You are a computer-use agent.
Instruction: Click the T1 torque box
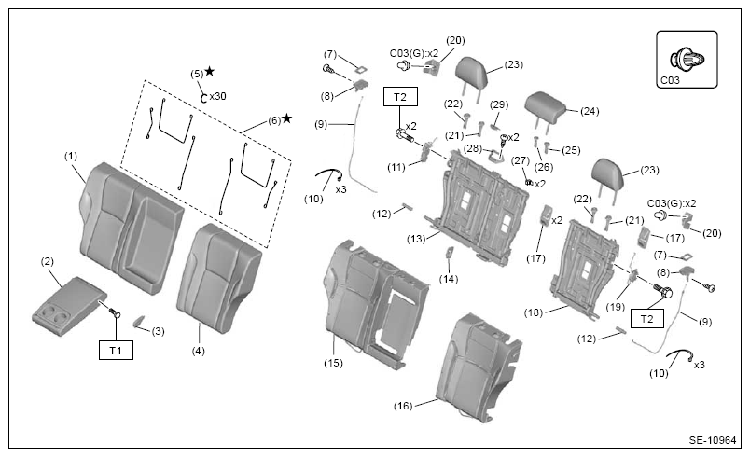116,351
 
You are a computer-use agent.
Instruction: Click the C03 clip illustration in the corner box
687,60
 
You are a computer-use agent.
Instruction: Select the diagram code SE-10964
712,440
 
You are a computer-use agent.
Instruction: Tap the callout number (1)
71,157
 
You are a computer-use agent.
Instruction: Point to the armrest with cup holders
69,306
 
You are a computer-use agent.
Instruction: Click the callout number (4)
198,351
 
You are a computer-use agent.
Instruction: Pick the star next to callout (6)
286,118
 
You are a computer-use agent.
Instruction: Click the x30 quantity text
217,96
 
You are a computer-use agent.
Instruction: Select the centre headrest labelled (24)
546,106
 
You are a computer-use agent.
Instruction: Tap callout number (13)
416,239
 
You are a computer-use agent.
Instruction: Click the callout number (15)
333,363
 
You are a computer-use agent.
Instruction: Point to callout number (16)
403,406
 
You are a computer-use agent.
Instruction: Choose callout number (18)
534,312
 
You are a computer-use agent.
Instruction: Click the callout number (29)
499,104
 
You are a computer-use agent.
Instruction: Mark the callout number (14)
449,279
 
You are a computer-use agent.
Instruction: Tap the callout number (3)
158,331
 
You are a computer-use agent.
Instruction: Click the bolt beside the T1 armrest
115,312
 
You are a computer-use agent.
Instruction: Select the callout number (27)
521,160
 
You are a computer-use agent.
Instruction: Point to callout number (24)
590,111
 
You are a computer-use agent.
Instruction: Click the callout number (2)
48,261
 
